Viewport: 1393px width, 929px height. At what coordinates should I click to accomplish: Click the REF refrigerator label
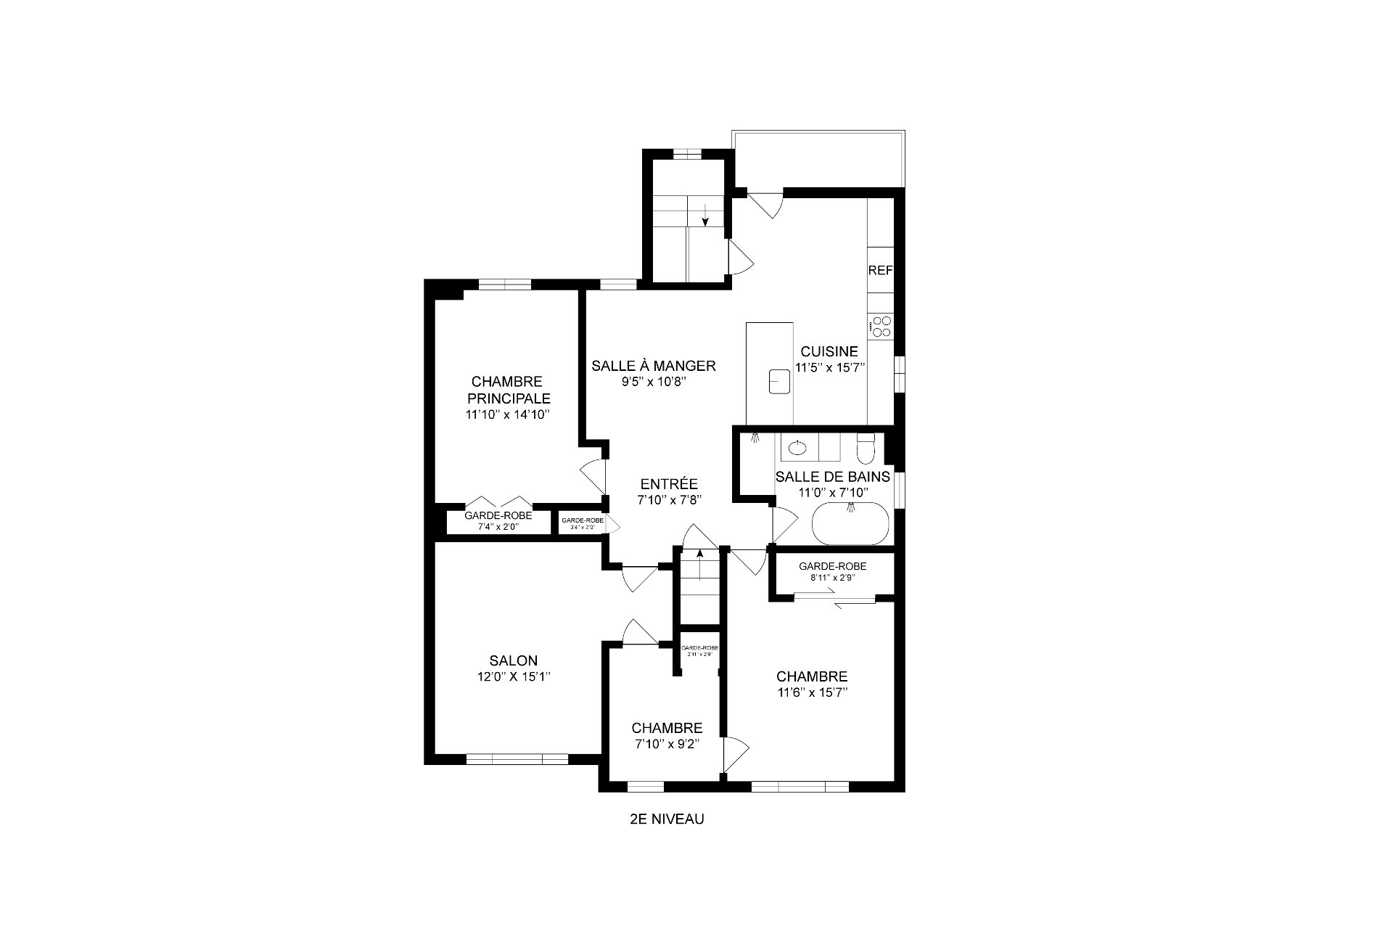click(x=880, y=270)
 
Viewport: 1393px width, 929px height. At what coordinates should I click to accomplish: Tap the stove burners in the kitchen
click(x=882, y=327)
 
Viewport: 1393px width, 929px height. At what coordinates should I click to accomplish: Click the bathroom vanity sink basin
click(x=797, y=447)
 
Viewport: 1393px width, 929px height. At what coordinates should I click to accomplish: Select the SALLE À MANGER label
click(x=653, y=366)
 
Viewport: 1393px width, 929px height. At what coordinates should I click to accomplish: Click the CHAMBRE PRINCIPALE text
click(x=508, y=390)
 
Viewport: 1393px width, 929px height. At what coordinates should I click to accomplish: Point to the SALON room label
click(x=513, y=660)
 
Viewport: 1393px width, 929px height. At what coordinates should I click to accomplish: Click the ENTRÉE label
click(x=669, y=484)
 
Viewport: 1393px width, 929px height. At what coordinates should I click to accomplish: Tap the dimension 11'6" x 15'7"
click(x=812, y=692)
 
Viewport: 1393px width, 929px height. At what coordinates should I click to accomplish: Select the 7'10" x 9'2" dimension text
click(x=667, y=744)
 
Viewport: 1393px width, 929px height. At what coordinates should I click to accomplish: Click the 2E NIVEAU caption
click(x=667, y=819)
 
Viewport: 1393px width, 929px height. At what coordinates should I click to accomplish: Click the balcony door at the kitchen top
click(x=766, y=203)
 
